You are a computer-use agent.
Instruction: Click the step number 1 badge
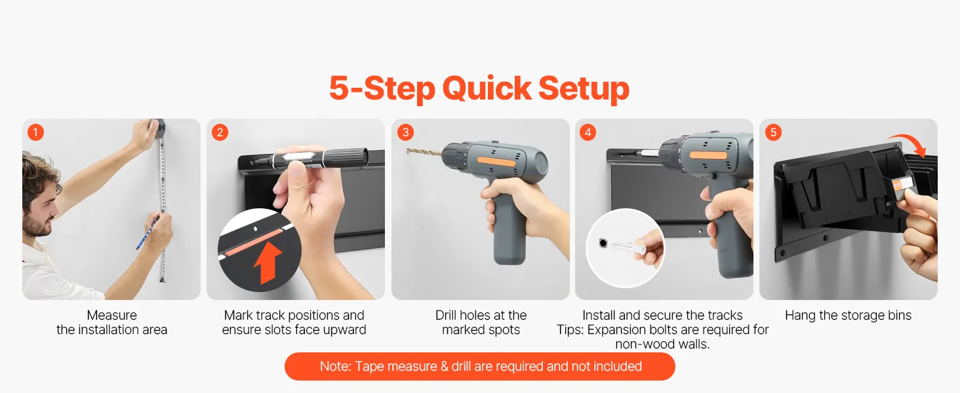coord(35,132)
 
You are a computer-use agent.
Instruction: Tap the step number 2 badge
coord(220,132)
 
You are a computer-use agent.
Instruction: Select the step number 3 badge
coord(405,132)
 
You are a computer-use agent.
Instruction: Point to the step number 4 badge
coord(588,132)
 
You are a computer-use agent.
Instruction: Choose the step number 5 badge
coord(773,132)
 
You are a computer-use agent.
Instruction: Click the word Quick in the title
coord(487,88)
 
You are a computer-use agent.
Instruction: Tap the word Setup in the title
coord(584,89)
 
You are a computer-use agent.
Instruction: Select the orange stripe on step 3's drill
coord(496,161)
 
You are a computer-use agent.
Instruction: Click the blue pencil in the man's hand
coord(147,233)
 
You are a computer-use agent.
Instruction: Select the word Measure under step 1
coord(112,315)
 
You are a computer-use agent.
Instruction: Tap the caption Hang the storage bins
coord(848,316)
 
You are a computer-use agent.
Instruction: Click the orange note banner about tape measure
coord(480,366)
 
